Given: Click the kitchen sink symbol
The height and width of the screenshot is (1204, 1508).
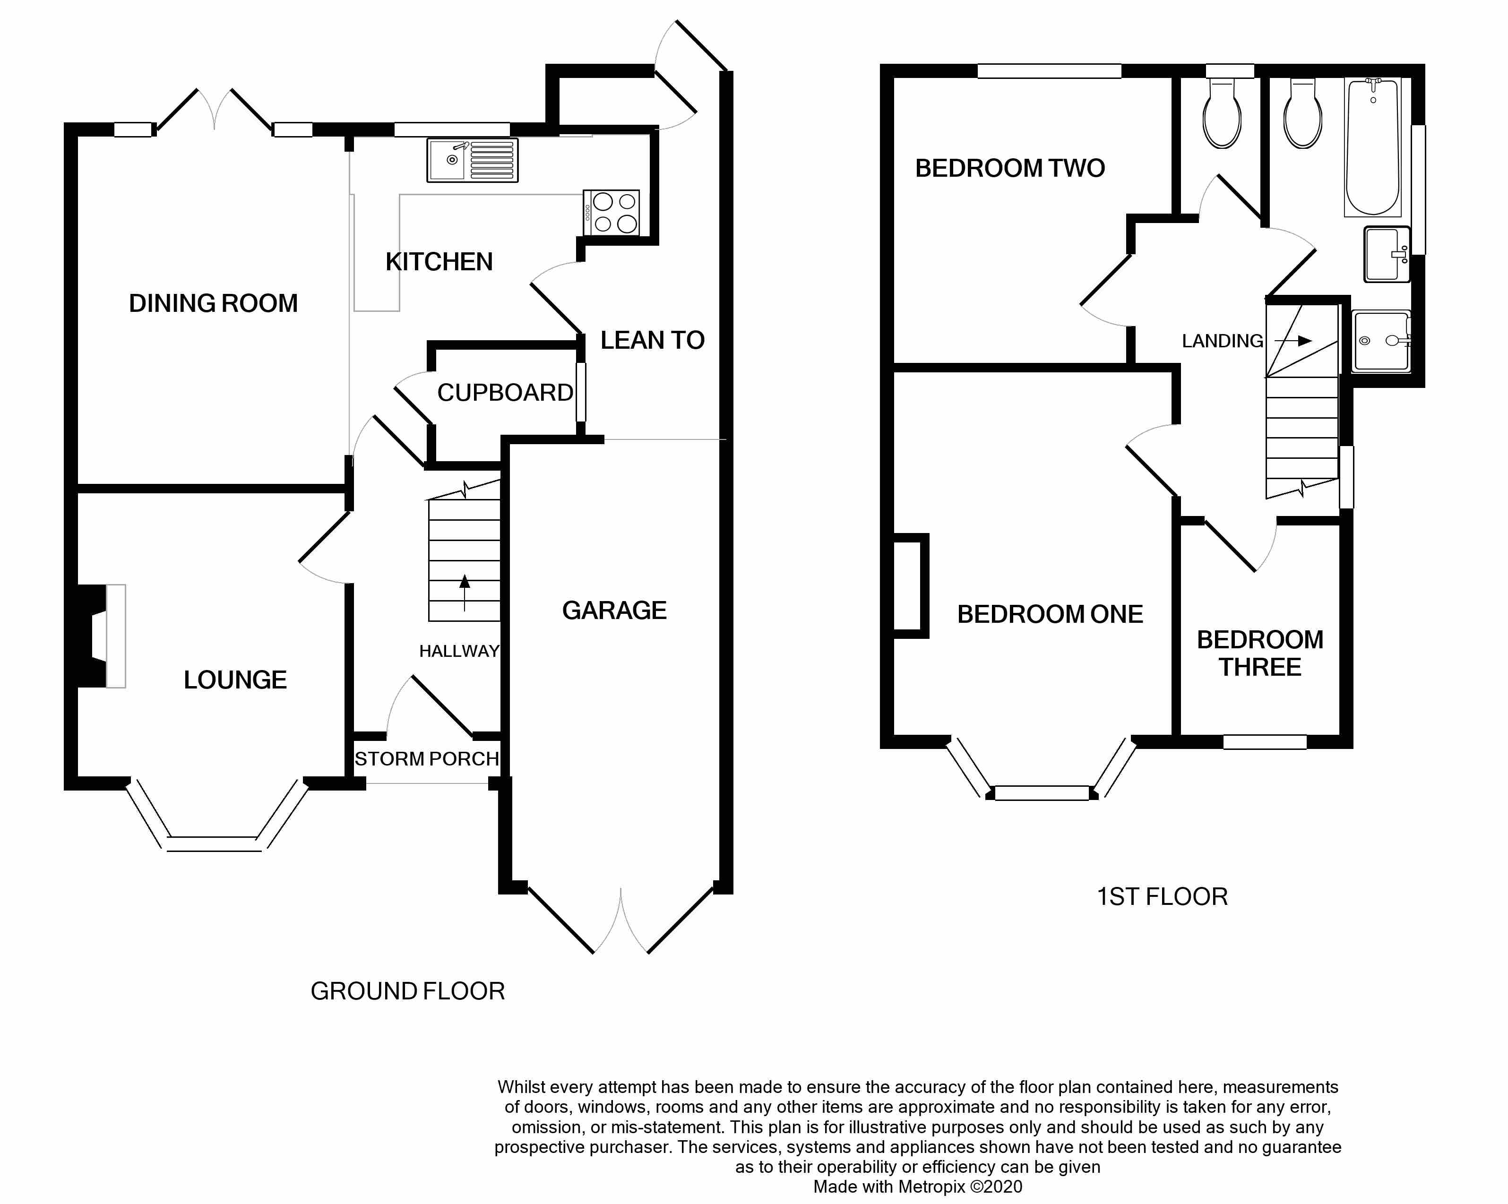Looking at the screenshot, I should pyautogui.click(x=473, y=160).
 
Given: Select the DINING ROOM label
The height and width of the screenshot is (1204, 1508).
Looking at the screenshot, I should pyautogui.click(x=213, y=303).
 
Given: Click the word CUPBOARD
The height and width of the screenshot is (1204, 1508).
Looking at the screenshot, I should pyautogui.click(x=505, y=393).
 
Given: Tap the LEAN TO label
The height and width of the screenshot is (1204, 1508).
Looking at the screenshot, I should pyautogui.click(x=652, y=341).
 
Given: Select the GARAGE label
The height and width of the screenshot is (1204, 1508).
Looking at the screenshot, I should pyautogui.click(x=614, y=611).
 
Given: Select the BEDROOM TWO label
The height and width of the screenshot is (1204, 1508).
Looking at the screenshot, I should pyautogui.click(x=1010, y=169).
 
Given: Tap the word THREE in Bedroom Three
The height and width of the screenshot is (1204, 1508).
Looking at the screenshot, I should pyautogui.click(x=1260, y=668).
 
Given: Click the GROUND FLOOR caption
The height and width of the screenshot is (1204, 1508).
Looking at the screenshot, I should pyautogui.click(x=408, y=991).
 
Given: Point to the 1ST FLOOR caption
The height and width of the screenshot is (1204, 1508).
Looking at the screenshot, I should pyautogui.click(x=1162, y=897).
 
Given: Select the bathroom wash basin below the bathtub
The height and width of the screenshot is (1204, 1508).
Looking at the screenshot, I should pyautogui.click(x=1386, y=254).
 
